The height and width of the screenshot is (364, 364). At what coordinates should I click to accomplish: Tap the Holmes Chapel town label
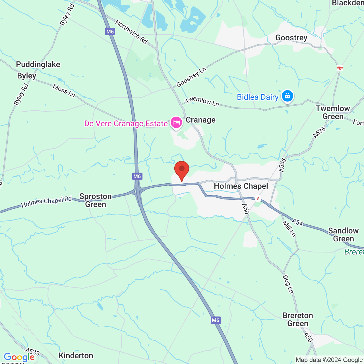[x=241, y=186]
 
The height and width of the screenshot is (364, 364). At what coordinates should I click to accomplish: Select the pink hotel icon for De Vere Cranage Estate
[x=176, y=123]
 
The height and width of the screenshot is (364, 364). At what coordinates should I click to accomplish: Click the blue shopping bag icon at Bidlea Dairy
[x=288, y=96]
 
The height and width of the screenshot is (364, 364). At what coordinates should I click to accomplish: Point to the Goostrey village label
[x=291, y=38]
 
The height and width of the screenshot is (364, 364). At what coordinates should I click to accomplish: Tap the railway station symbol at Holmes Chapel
[x=258, y=198]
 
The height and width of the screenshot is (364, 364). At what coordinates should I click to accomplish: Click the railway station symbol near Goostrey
[x=340, y=68]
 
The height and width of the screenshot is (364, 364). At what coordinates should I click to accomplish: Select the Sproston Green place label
[x=96, y=200]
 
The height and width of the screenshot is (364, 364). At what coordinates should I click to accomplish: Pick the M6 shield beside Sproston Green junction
[x=137, y=176]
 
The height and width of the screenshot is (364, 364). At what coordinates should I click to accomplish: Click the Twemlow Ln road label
[x=202, y=102]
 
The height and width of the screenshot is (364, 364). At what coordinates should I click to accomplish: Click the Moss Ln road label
[x=64, y=91]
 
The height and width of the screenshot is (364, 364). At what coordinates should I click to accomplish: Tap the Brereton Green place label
[x=298, y=319]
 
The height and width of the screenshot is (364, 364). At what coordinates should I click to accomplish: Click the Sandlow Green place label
[x=343, y=235]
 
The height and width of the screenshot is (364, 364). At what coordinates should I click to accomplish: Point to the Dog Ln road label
[x=288, y=284]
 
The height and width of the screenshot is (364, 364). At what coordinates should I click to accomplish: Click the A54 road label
[x=297, y=222]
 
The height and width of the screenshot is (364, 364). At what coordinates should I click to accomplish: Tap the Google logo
[x=19, y=357]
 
